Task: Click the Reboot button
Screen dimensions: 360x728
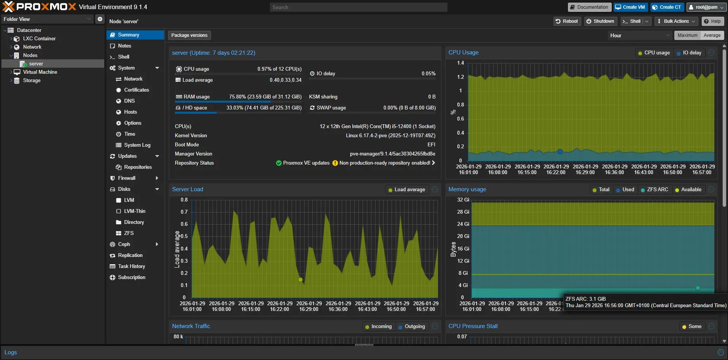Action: [x=566, y=21]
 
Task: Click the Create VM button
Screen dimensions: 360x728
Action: [x=630, y=7]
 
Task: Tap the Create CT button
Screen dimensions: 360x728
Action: [x=667, y=7]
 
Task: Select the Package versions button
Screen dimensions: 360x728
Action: [x=189, y=35]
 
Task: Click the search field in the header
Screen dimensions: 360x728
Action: [x=358, y=7]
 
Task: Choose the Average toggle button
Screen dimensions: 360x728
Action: [x=712, y=35]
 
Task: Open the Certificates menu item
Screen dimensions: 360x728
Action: [x=136, y=90]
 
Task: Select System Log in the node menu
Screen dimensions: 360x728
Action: [x=137, y=145]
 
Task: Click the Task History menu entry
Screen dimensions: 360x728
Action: [x=131, y=266]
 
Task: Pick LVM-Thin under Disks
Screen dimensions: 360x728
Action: [x=135, y=211]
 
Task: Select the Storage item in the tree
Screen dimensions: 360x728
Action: [x=32, y=81]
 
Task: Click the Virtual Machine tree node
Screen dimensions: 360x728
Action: [x=40, y=72]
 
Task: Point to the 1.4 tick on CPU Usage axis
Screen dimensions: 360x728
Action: [x=460, y=63]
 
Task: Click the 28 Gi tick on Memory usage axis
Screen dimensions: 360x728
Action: [x=463, y=212]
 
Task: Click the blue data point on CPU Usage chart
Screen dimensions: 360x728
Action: [x=560, y=151]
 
